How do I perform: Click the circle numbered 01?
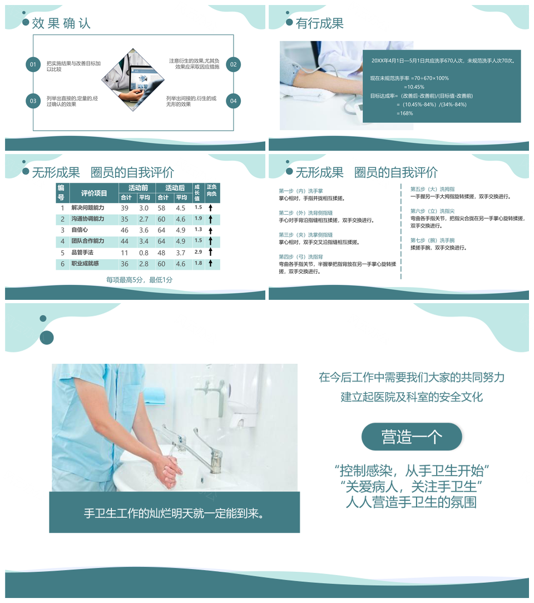(x=33, y=65)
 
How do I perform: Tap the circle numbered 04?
(x=233, y=101)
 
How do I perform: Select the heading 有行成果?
(x=320, y=23)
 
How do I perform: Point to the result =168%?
(x=405, y=113)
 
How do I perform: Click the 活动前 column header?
(x=138, y=188)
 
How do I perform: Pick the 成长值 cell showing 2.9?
(x=198, y=252)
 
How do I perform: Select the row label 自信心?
(x=80, y=230)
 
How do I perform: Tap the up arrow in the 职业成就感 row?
(x=211, y=264)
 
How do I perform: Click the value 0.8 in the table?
(x=144, y=253)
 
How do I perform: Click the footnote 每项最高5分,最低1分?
(x=140, y=280)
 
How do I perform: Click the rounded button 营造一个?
(x=412, y=437)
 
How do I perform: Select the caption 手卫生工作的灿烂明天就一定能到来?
(x=174, y=513)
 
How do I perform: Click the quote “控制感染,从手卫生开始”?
(x=412, y=471)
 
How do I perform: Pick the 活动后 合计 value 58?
(x=162, y=207)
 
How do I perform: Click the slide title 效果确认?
(x=61, y=23)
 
